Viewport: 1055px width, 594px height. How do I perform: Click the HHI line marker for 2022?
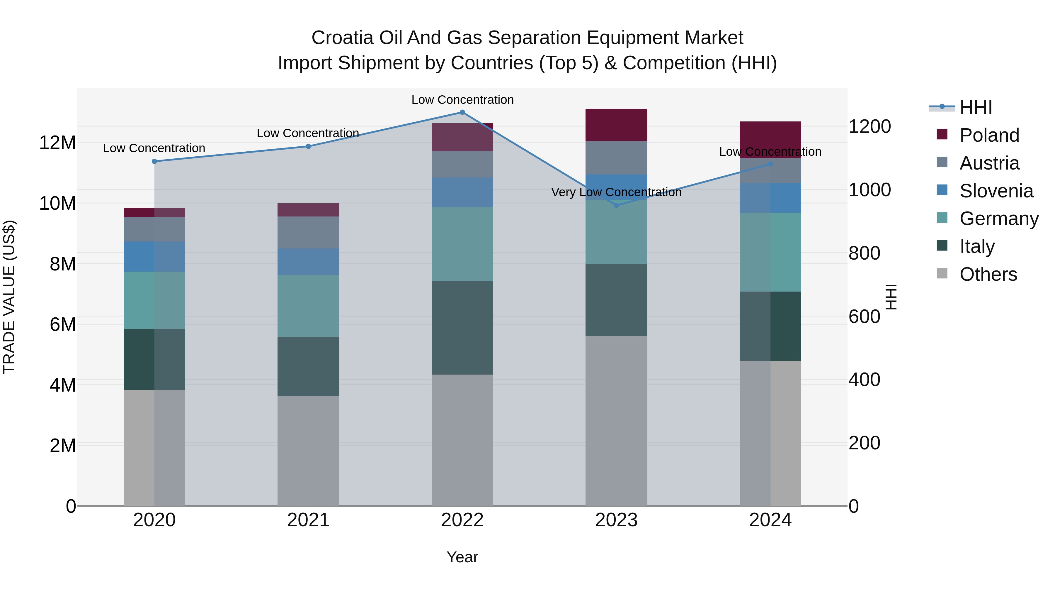point(462,112)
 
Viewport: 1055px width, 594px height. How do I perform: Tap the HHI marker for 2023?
point(616,205)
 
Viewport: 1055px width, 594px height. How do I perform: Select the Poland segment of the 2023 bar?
point(616,125)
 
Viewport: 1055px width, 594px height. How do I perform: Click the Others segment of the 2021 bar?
point(308,451)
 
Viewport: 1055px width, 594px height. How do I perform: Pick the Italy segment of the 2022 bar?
point(462,328)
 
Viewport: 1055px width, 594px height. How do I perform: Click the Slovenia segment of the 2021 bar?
point(308,262)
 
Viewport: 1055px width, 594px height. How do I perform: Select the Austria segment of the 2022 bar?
point(462,164)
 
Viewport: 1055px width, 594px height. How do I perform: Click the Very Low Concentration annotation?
point(616,192)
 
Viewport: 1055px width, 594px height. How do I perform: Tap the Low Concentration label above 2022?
point(462,100)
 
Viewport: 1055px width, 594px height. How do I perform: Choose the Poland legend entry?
point(989,135)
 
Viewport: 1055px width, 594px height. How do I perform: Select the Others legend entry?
point(988,274)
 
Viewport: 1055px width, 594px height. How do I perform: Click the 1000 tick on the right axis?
point(869,190)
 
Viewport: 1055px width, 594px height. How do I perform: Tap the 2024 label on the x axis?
point(770,520)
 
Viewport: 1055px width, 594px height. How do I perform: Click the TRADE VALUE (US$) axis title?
point(9,297)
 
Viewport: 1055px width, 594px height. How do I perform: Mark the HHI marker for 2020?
point(154,162)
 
